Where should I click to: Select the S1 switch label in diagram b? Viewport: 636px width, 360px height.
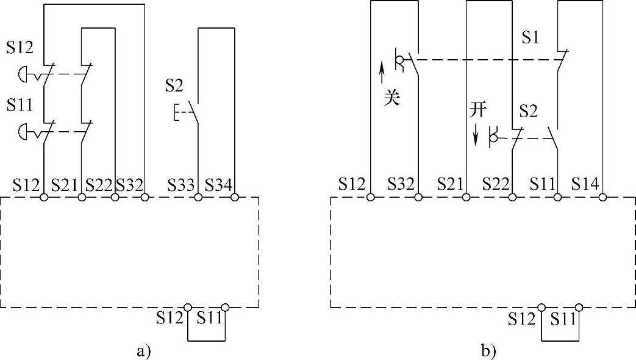coord(531,38)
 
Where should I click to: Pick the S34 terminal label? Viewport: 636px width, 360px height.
coord(219,182)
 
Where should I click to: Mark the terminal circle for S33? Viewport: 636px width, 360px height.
coord(198,197)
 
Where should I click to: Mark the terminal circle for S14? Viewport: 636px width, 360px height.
coord(602,197)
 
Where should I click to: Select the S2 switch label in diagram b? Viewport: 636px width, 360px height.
coord(528,111)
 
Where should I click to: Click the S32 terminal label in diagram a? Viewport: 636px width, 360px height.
coord(129,182)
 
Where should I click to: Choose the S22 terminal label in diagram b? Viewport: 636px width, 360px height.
coord(497,182)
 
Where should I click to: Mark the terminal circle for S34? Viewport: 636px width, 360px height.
coord(235,197)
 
